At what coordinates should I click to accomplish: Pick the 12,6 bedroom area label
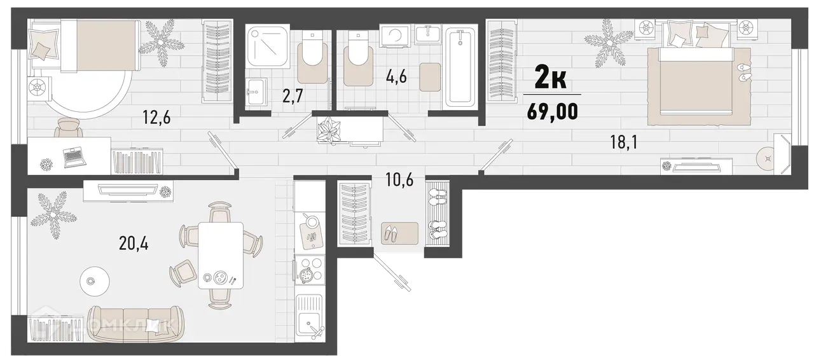[156, 118]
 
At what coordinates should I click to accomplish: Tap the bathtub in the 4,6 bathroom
[460, 66]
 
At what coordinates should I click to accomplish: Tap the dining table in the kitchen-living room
[220, 254]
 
